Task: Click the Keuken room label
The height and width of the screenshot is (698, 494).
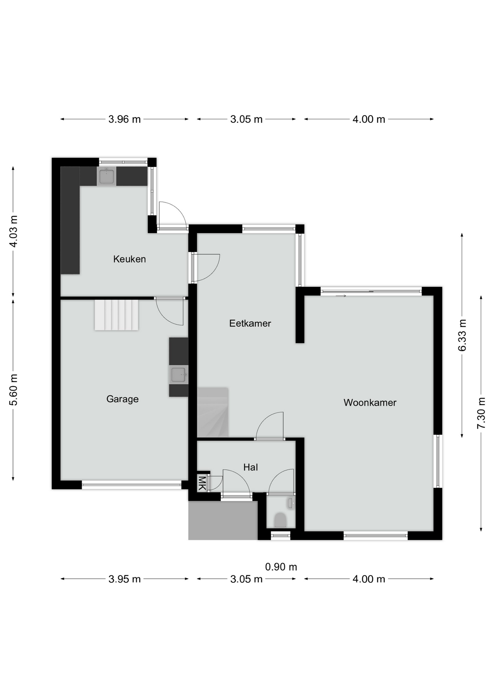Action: click(130, 259)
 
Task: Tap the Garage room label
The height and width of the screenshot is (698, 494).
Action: click(123, 399)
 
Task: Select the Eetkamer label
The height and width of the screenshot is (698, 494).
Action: click(250, 323)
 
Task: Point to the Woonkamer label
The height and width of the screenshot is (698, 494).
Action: click(370, 402)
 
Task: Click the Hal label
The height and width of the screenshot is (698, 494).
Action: click(251, 467)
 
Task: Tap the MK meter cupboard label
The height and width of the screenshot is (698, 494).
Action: click(202, 483)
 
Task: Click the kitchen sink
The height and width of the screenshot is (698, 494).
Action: click(107, 177)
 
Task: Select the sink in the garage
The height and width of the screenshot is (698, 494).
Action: click(179, 374)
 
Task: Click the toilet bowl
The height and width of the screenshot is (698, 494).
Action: click(280, 520)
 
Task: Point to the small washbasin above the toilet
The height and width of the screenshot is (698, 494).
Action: click(291, 503)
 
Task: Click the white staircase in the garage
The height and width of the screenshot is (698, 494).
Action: click(116, 315)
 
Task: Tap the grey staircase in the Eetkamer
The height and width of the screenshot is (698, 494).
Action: click(213, 412)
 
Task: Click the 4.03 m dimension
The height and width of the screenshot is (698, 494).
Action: click(13, 231)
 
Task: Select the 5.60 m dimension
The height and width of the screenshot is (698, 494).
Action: click(13, 390)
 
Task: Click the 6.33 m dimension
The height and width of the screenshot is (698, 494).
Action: click(462, 335)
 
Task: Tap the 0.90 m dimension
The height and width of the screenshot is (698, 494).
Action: click(281, 567)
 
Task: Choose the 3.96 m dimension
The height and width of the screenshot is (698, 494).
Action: click(124, 119)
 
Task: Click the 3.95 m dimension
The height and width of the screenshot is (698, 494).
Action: click(124, 579)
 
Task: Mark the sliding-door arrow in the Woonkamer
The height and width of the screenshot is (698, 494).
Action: click(341, 296)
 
